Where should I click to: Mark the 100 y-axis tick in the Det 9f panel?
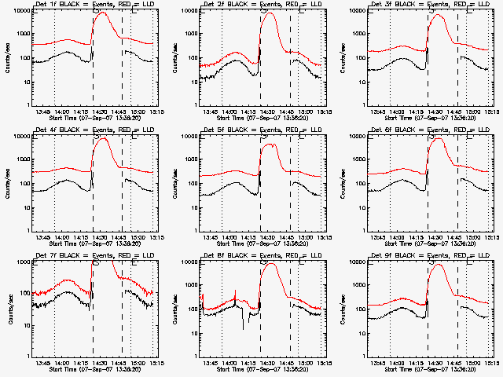(358, 309)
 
